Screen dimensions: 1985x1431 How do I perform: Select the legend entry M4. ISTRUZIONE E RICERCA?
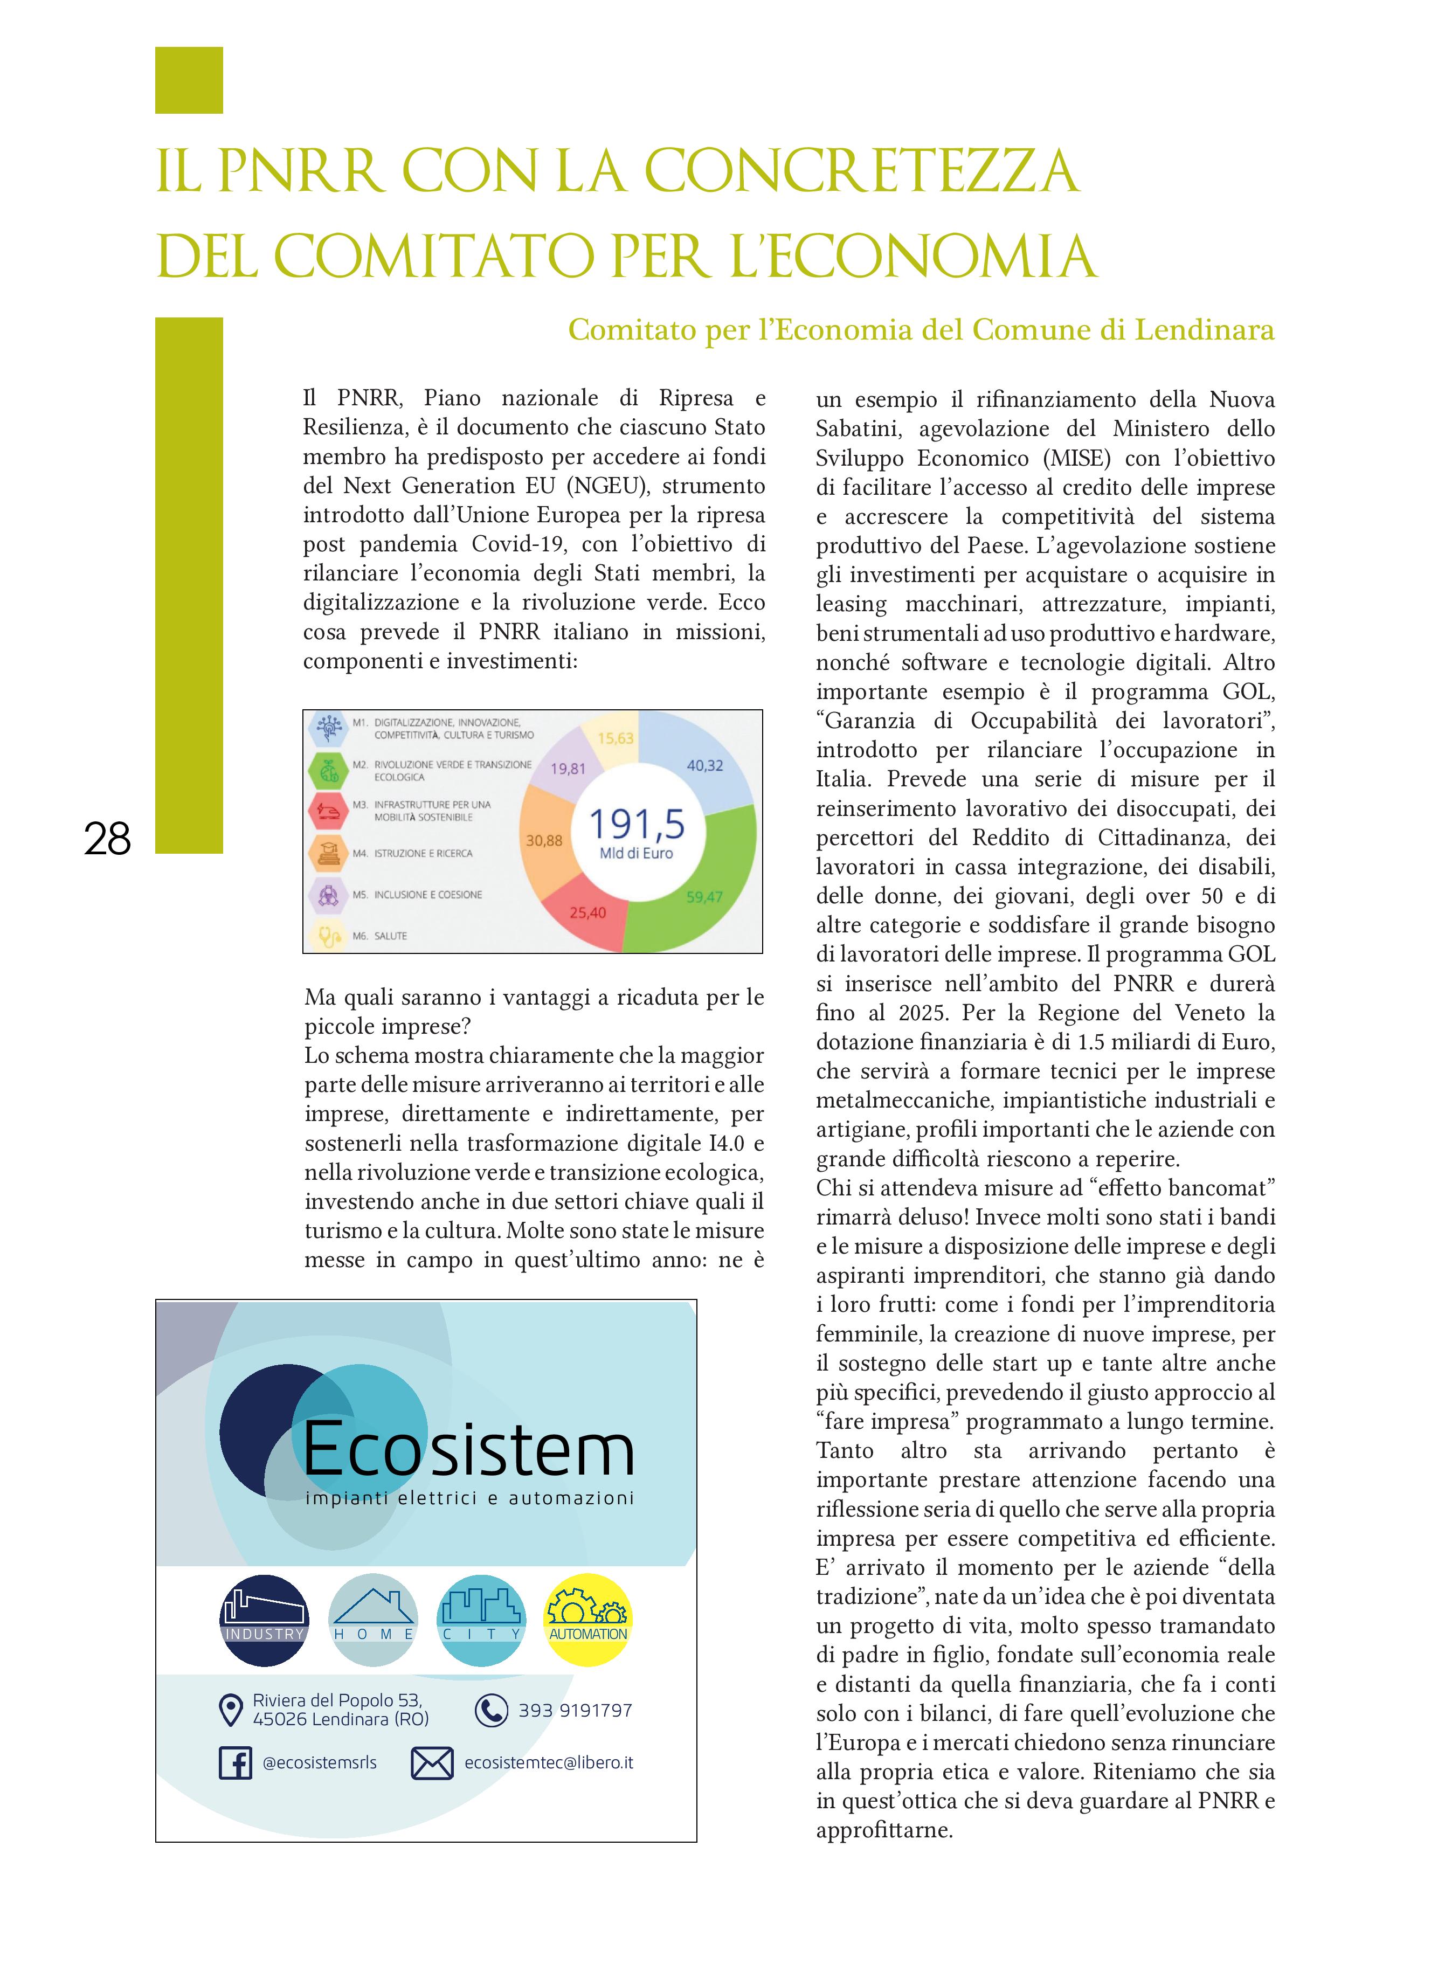click(411, 853)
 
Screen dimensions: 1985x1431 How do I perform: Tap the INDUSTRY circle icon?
click(264, 1620)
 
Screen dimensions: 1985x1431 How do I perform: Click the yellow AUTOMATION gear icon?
click(587, 1620)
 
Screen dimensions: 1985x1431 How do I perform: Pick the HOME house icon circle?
click(373, 1620)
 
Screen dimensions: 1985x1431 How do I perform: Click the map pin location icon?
click(230, 1709)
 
